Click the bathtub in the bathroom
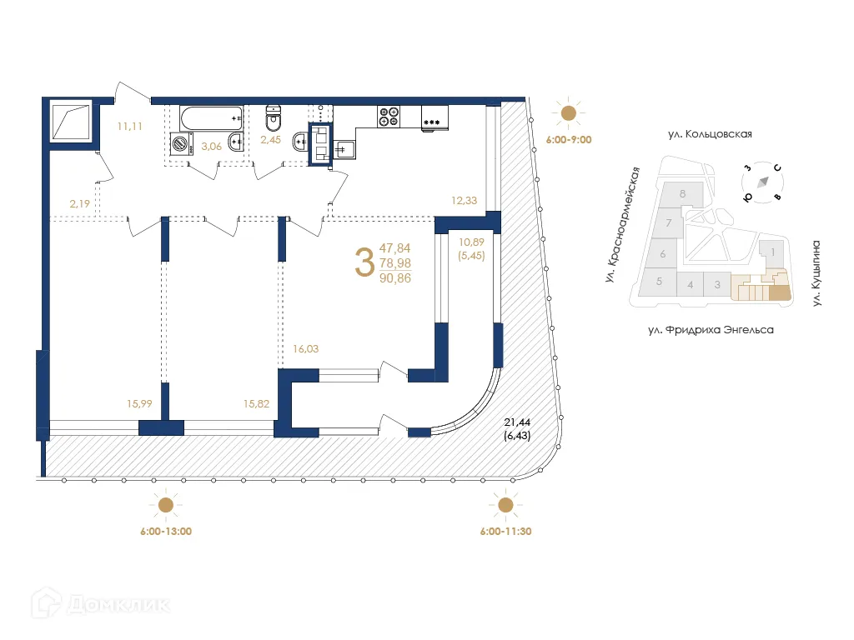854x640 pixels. click(211, 117)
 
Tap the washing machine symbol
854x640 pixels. click(181, 144)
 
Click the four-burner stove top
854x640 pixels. click(389, 116)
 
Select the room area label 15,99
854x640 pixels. click(138, 404)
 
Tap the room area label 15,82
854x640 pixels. click(256, 404)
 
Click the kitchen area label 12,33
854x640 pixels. click(464, 199)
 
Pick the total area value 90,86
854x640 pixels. click(395, 277)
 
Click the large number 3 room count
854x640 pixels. click(364, 262)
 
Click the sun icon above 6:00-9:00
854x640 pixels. click(569, 114)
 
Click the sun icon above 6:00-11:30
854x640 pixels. click(505, 505)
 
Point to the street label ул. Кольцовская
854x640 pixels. click(710, 133)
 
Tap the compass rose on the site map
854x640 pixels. click(761, 183)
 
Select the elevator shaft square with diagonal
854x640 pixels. click(71, 122)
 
